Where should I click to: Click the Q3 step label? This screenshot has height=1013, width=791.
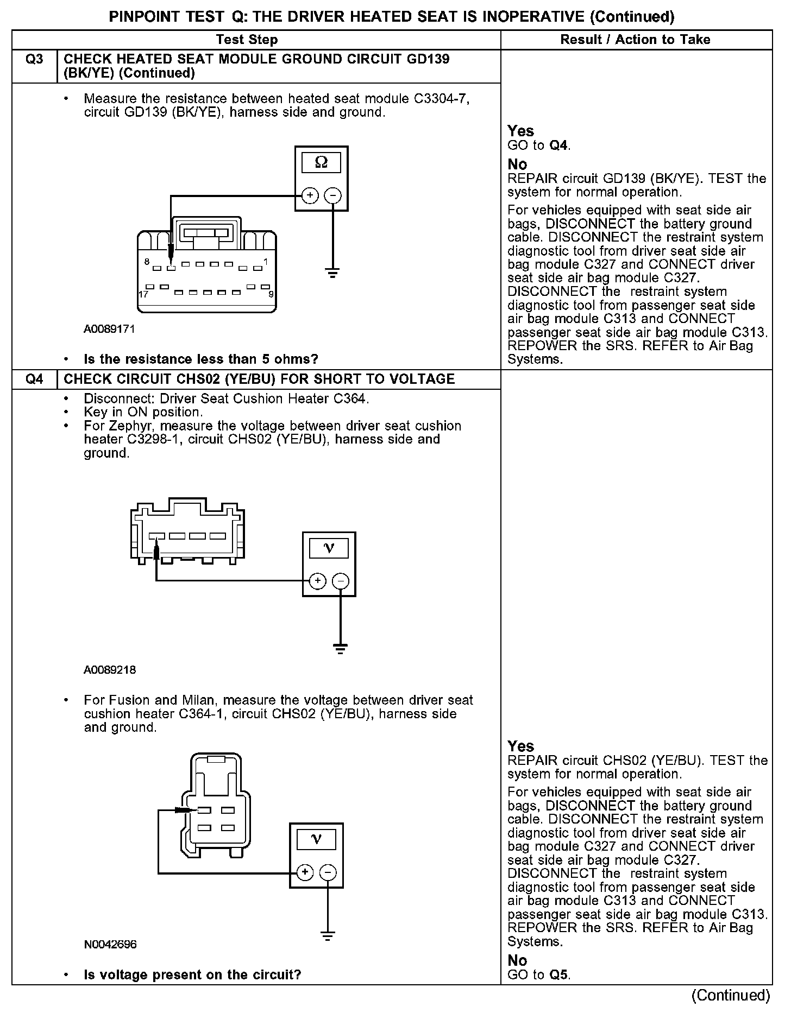coord(34,59)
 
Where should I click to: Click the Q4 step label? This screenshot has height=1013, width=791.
coord(34,379)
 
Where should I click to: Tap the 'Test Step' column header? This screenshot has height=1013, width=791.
coord(247,40)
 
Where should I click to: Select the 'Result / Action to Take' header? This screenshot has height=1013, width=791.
coord(635,40)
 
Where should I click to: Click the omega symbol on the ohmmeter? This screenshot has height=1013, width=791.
coord(321,162)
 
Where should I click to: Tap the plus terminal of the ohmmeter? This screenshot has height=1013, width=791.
coord(310,195)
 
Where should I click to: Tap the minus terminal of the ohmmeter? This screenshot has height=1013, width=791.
coord(332,195)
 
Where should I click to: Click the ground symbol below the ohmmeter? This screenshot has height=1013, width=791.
coord(332,273)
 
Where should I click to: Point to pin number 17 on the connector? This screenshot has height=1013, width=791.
coord(143,294)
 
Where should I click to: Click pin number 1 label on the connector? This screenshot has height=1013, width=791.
coord(266,262)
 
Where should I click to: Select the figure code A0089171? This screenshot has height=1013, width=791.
coord(109,329)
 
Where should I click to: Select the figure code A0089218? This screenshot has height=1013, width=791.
coord(110,670)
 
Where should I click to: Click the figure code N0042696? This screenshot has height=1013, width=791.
coord(110,945)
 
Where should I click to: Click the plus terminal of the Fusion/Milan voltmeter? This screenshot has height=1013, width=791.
coord(305,872)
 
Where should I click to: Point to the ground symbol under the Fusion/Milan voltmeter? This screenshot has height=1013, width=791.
coord(328,935)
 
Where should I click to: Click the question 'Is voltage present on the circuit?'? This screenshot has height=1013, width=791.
coord(192,974)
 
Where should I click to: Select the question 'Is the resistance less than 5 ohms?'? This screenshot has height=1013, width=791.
coord(201,359)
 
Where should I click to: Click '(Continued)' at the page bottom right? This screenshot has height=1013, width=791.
coord(730,995)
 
